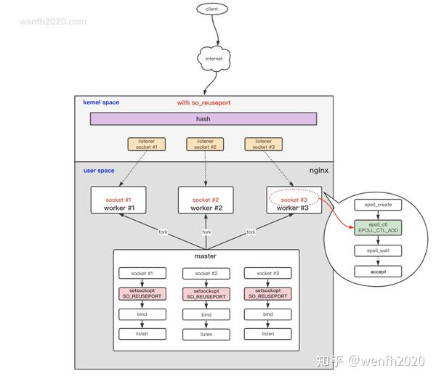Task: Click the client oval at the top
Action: pyautogui.click(x=212, y=9)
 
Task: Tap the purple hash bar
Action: pyautogui.click(x=203, y=119)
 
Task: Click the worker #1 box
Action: pyautogui.click(x=118, y=200)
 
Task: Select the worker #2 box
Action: pyautogui.click(x=206, y=200)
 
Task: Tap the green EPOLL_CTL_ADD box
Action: pyautogui.click(x=377, y=228)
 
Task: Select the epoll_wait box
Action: pyautogui.click(x=377, y=250)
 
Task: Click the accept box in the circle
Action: pyautogui.click(x=377, y=272)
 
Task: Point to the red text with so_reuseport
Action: pyautogui.click(x=203, y=103)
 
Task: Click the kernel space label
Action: pyautogui.click(x=101, y=103)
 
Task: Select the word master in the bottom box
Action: pyautogui.click(x=206, y=256)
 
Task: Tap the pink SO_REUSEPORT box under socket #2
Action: pyautogui.click(x=206, y=294)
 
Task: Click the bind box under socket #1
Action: pyautogui.click(x=142, y=314)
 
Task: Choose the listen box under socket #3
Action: pyautogui.click(x=268, y=333)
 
